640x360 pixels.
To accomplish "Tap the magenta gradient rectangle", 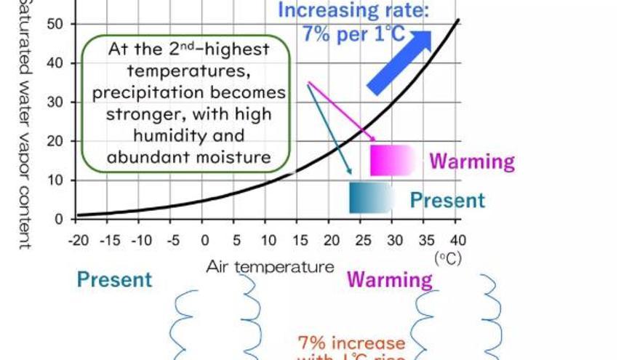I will [x=391, y=160].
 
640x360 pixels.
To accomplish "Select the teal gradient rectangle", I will [x=370, y=197].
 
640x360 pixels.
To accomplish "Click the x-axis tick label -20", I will [x=78, y=240].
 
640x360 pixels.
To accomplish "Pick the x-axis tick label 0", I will [x=205, y=240].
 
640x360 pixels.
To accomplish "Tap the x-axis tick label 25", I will [x=362, y=240].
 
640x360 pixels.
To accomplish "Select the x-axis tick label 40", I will [x=457, y=240].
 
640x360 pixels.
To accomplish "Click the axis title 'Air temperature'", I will [x=270, y=266].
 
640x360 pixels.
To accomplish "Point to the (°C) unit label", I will [x=448, y=257].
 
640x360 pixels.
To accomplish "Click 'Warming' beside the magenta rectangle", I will [x=471, y=161].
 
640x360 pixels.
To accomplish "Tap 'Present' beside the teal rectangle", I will [x=447, y=200].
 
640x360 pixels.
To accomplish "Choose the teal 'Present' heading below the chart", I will [x=114, y=279].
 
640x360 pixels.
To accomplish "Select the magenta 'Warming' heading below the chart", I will [x=389, y=279].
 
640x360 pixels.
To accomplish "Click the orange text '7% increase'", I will [x=351, y=343].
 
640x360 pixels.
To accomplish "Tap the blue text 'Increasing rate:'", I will [x=353, y=11].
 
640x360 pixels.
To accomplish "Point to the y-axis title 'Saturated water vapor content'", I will [x=24, y=124].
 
